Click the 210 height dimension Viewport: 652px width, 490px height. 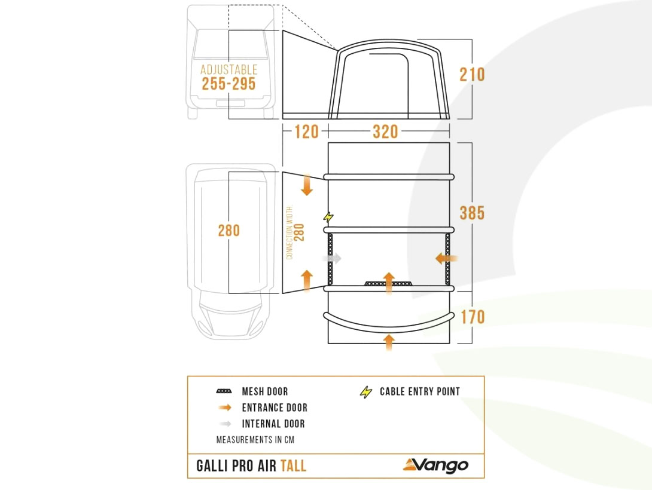[472, 75]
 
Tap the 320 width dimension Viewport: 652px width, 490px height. [385, 131]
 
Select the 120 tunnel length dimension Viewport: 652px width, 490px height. [306, 131]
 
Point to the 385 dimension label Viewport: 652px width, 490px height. [472, 213]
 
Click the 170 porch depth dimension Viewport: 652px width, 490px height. [473, 317]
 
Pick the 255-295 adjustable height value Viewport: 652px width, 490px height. [228, 84]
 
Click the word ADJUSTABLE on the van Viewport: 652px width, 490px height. [228, 69]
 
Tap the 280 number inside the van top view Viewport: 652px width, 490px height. [228, 231]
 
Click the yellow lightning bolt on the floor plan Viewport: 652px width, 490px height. [328, 217]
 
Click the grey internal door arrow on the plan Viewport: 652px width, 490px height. [332, 258]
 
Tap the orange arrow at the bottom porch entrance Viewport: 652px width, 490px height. [389, 342]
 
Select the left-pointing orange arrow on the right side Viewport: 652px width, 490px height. [446, 259]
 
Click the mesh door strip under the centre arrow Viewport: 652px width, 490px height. [389, 284]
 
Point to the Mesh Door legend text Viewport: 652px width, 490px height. [265, 391]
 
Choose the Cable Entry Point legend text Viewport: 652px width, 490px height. [420, 391]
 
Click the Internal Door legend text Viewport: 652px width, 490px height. [273, 424]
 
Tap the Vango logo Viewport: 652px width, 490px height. [436, 465]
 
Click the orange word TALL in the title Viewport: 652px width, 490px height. [293, 465]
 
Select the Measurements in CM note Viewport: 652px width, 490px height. [255, 439]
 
